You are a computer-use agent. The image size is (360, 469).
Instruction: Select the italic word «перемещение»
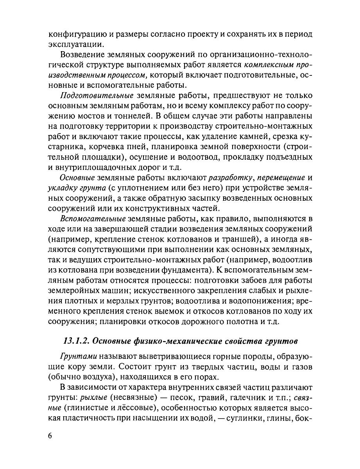(279, 177)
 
